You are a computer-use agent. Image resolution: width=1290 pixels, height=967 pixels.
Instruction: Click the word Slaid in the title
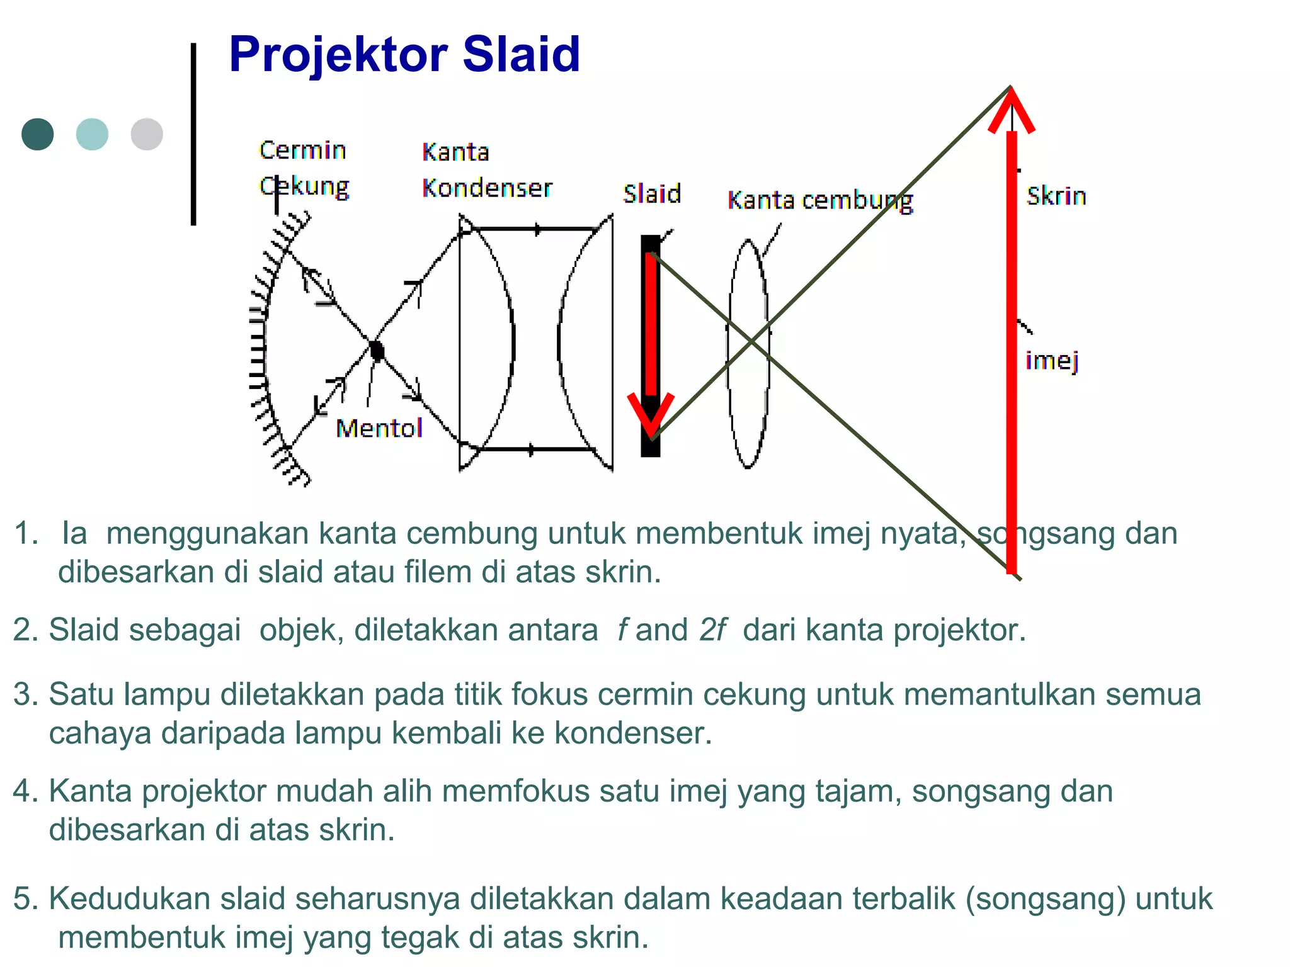(x=521, y=54)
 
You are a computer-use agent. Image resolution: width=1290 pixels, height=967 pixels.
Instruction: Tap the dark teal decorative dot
(x=37, y=134)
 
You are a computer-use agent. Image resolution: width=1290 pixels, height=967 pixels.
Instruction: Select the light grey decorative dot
(x=147, y=134)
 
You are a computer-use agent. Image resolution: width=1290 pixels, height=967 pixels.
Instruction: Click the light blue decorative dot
(x=92, y=134)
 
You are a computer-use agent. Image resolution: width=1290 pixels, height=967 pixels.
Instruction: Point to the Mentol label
(x=379, y=429)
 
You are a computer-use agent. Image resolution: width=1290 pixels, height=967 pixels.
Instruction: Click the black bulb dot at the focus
(x=377, y=350)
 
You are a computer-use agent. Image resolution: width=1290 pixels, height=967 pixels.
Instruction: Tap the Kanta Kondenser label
(x=486, y=170)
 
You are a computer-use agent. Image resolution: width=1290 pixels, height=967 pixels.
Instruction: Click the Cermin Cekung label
(x=304, y=168)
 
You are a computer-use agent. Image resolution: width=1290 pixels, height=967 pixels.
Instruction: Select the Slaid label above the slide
(x=652, y=194)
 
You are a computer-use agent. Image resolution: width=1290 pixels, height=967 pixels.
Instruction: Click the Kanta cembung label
(x=819, y=201)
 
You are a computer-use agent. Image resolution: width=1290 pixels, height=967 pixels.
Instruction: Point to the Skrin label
(x=1056, y=196)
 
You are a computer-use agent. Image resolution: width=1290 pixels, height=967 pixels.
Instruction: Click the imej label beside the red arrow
(x=1052, y=361)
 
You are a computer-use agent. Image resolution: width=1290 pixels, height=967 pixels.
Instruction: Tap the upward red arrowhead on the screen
(x=1011, y=111)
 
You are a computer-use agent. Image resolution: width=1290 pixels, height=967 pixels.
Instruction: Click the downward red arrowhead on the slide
(x=651, y=416)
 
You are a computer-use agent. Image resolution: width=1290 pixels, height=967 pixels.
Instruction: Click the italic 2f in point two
(x=712, y=630)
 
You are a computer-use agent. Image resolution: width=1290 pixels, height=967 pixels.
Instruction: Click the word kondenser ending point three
(x=632, y=733)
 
